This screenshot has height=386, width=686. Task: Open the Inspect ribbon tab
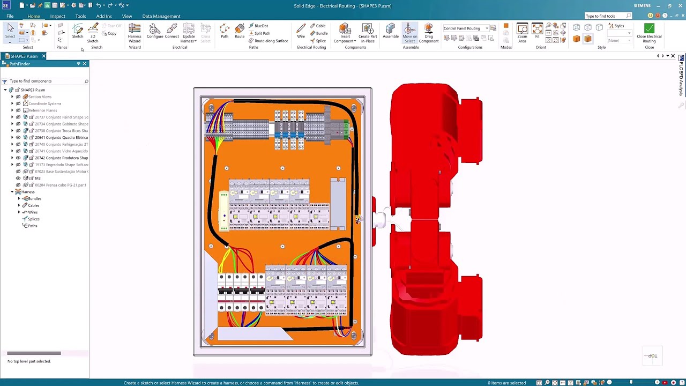click(x=57, y=16)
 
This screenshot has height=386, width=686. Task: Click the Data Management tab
click(x=161, y=16)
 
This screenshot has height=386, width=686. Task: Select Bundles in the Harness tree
click(x=34, y=199)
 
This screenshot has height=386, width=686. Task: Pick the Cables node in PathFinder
click(x=33, y=205)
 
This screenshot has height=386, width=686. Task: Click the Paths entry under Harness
click(x=32, y=226)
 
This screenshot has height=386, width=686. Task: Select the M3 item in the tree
click(x=38, y=178)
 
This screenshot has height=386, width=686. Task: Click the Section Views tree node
click(x=40, y=97)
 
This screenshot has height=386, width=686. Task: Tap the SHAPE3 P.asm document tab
click(x=24, y=56)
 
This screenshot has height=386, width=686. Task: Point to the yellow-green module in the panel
click(x=223, y=211)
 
